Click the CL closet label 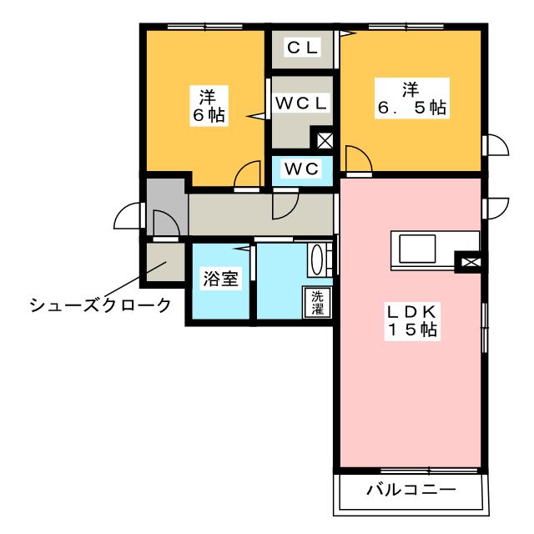coord(302,48)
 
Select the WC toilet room coord(302,169)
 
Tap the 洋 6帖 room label coord(205,104)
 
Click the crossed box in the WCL coord(323,140)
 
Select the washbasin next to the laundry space coord(319,259)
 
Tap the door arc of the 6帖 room coord(246,175)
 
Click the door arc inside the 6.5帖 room coord(358,159)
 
